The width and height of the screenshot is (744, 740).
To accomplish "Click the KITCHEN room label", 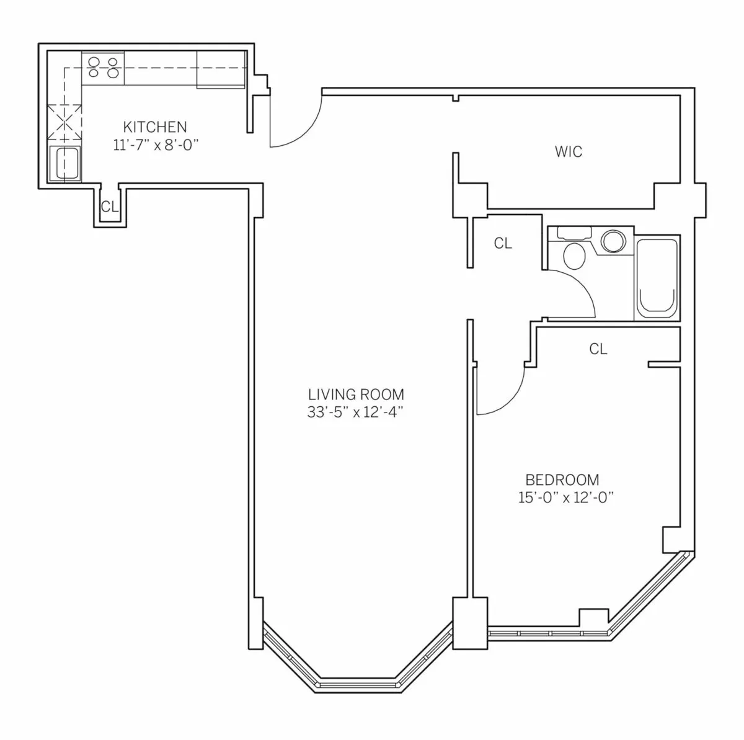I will pyautogui.click(x=155, y=127).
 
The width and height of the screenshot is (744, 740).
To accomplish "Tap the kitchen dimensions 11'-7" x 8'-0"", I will pyautogui.click(x=155, y=145).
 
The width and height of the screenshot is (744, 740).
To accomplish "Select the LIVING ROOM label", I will pyautogui.click(x=356, y=394).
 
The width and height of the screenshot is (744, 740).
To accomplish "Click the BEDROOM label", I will pyautogui.click(x=562, y=479).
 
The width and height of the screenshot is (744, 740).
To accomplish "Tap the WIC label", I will pyautogui.click(x=569, y=151).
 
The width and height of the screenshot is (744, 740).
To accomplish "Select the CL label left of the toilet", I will pyautogui.click(x=503, y=244).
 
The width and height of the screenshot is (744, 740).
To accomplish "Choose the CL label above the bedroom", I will pyautogui.click(x=598, y=349).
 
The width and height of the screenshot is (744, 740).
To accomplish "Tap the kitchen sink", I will pyautogui.click(x=64, y=163).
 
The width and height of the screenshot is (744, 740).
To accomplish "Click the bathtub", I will pyautogui.click(x=657, y=277).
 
